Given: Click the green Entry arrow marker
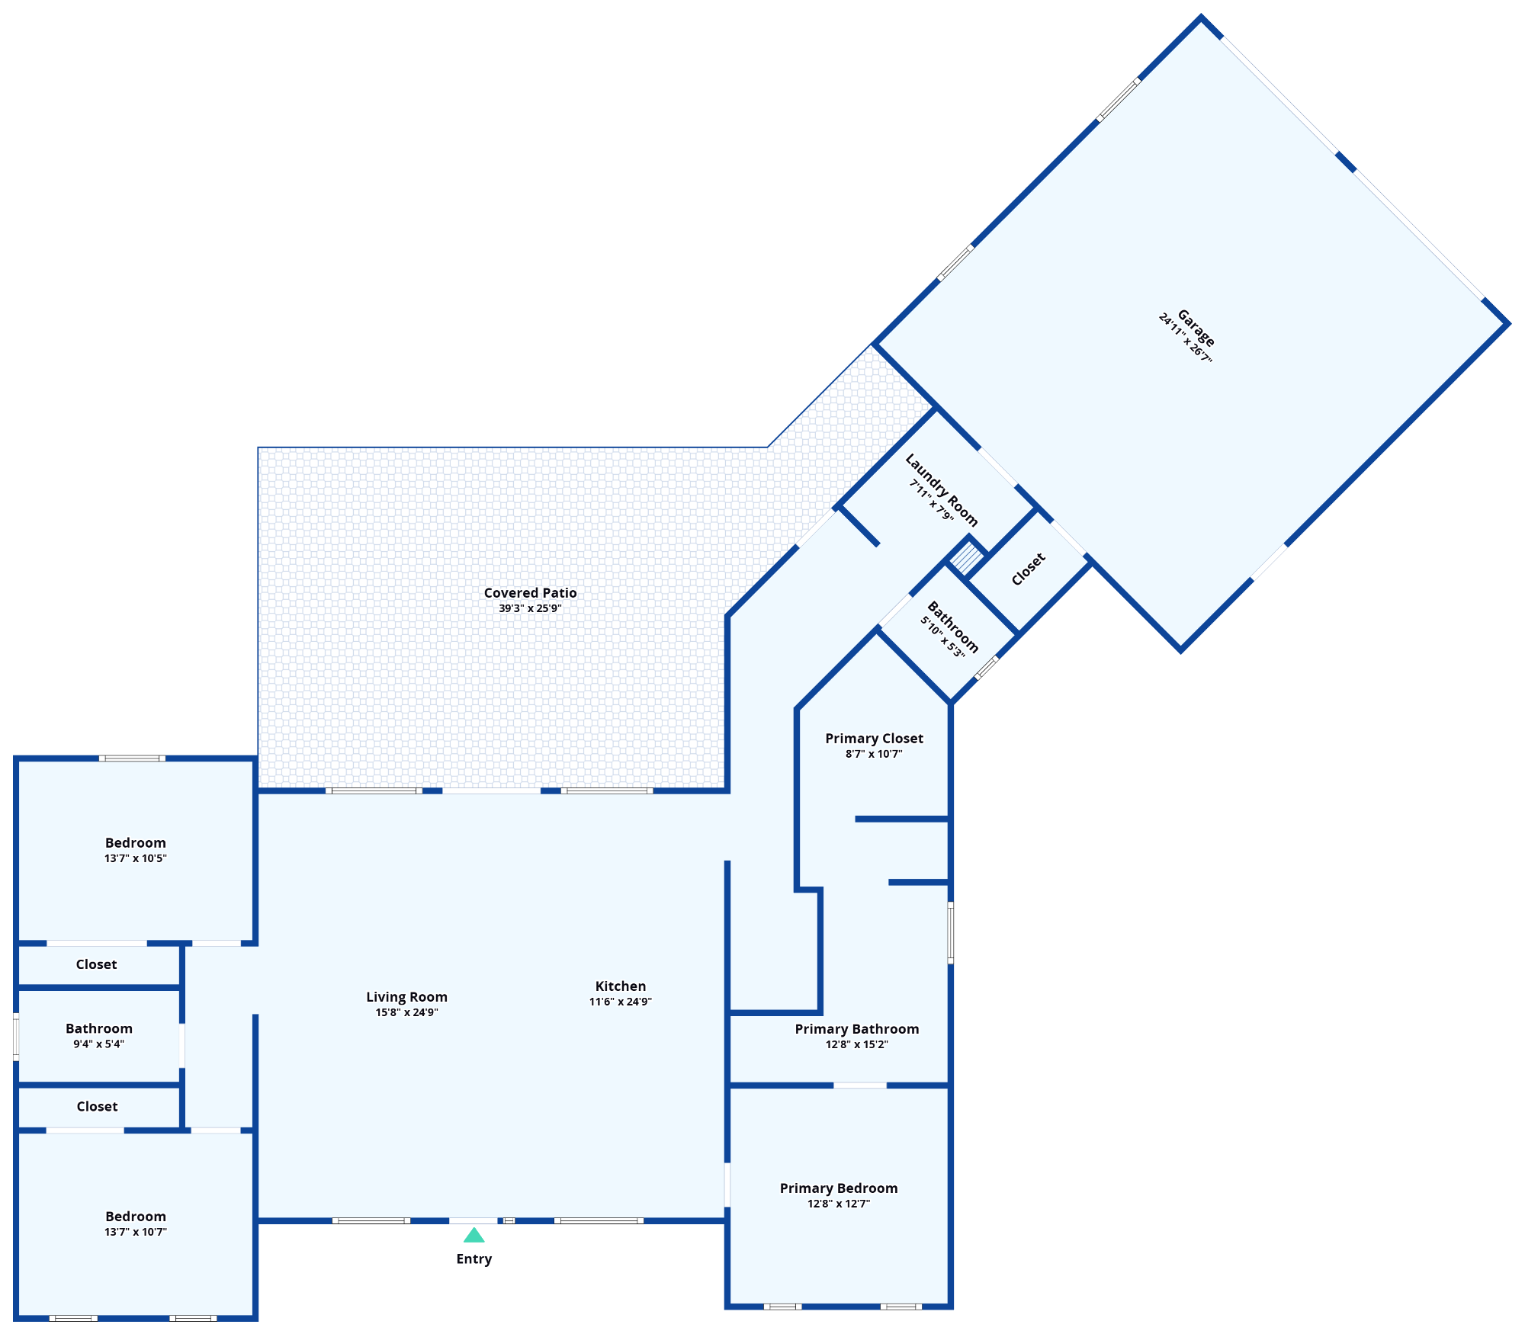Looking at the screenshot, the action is tap(474, 1235).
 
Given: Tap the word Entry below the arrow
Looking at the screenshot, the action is tap(474, 1259).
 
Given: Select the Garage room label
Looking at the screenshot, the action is tap(1196, 328).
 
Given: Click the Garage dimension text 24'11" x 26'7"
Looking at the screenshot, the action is tap(1185, 338).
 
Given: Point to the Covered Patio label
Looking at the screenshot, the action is tap(530, 593).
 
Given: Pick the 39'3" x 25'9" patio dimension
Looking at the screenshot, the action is tap(530, 608).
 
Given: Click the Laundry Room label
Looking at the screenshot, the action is tap(941, 489).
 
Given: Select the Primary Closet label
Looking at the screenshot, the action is tap(874, 739).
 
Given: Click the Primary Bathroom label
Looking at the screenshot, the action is tap(856, 1029).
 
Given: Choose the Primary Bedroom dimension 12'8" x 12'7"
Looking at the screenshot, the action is tap(839, 1204).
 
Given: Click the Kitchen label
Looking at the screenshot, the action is tap(620, 986).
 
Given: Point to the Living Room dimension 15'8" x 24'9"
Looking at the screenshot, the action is tap(406, 1012).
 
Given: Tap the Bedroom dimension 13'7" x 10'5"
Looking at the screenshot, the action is tap(135, 858).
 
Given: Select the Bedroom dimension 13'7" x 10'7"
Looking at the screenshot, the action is tap(135, 1232).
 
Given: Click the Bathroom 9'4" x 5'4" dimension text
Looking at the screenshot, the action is tap(98, 1044).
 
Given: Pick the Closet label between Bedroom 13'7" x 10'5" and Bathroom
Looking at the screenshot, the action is tap(96, 964).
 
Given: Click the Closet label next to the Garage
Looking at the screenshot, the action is tap(1028, 569).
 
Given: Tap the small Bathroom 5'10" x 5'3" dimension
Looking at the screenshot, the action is tap(942, 637).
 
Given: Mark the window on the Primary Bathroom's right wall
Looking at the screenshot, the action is tap(950, 932).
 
